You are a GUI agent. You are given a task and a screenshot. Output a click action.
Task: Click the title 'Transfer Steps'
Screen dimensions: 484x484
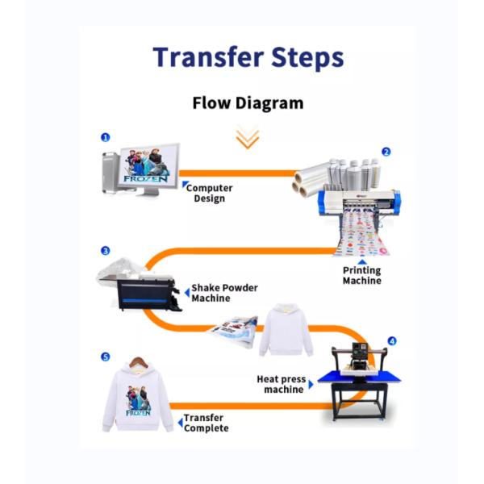pyautogui.click(x=248, y=57)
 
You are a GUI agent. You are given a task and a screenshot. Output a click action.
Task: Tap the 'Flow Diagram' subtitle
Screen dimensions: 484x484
pyautogui.click(x=248, y=102)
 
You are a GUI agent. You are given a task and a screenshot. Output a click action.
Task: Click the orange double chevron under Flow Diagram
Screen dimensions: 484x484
pyautogui.click(x=247, y=137)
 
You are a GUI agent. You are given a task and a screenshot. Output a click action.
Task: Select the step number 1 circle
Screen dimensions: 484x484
pyautogui.click(x=106, y=138)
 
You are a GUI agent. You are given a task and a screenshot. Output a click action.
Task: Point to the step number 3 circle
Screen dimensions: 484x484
pyautogui.click(x=105, y=251)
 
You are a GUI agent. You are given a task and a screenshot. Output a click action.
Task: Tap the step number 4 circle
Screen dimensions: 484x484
pyautogui.click(x=391, y=341)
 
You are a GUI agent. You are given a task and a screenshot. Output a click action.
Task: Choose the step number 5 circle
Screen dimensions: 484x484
pyautogui.click(x=105, y=357)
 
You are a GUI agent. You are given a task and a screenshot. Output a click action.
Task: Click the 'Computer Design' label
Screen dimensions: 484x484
pyautogui.click(x=210, y=193)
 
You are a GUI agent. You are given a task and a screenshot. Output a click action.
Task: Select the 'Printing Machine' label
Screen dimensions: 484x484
pyautogui.click(x=361, y=276)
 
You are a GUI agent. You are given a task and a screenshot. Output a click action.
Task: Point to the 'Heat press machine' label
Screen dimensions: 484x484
pyautogui.click(x=282, y=384)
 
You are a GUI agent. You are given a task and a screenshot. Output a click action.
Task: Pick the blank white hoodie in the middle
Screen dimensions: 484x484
pyautogui.click(x=286, y=330)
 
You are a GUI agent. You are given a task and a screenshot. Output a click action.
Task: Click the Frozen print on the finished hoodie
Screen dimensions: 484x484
pyautogui.click(x=138, y=400)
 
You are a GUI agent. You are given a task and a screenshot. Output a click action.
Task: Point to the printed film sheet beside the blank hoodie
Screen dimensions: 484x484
pyautogui.click(x=234, y=330)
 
